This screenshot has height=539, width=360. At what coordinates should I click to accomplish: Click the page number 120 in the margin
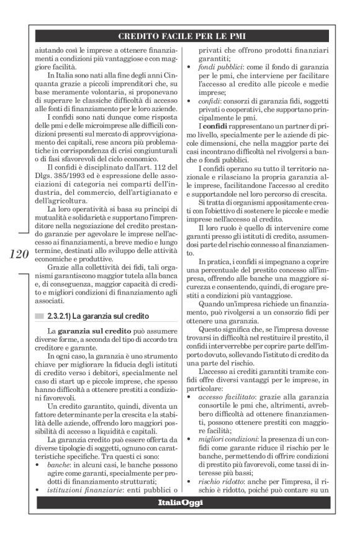tap(20, 254)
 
